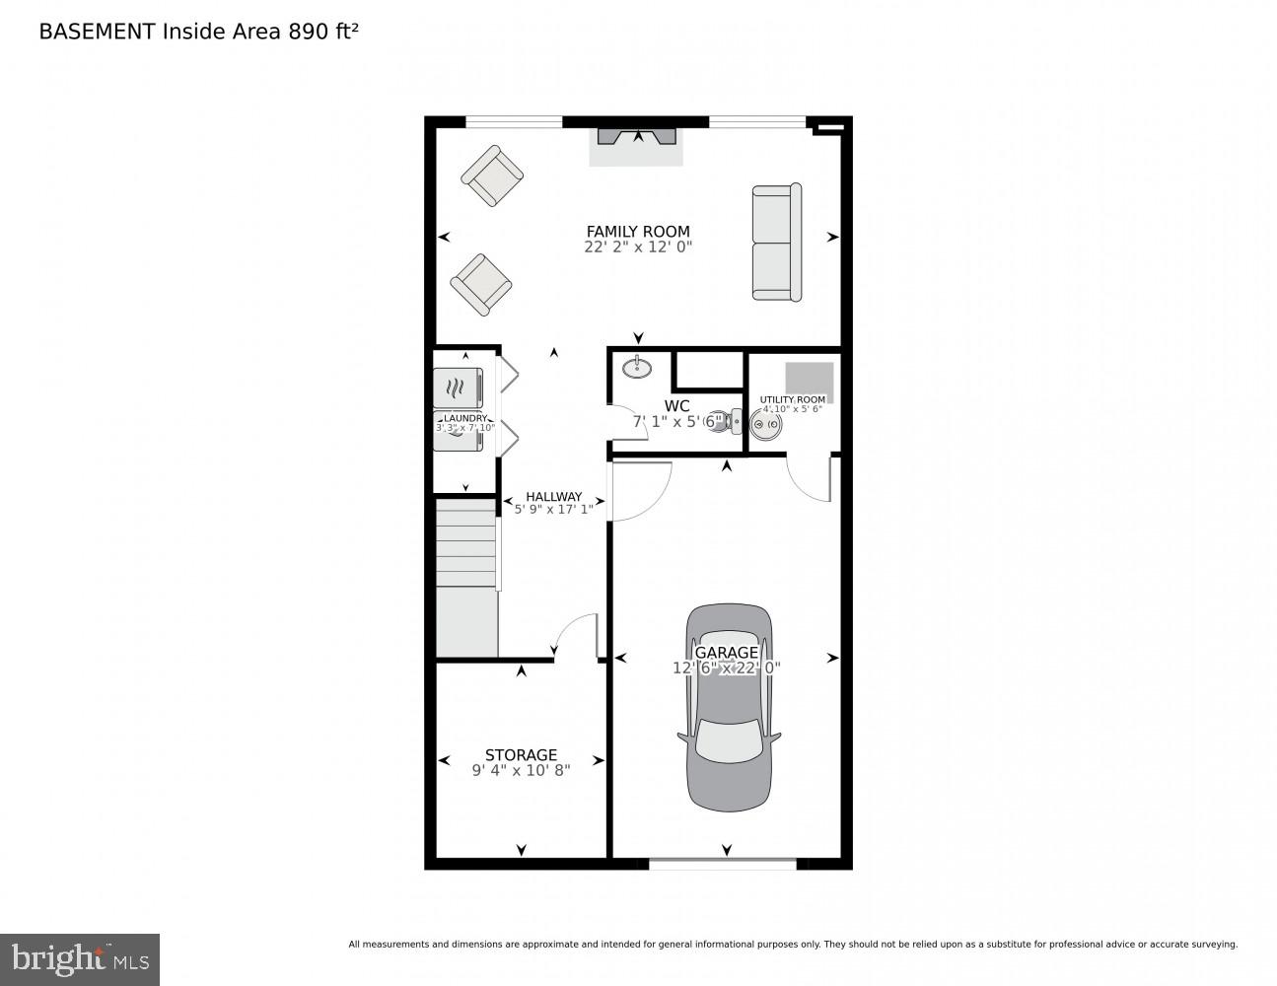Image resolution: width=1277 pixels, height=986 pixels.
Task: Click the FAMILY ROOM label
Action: pyautogui.click(x=638, y=232)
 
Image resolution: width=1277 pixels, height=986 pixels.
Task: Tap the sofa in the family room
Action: pyautogui.click(x=777, y=242)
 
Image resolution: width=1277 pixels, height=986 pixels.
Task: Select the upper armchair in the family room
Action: pyautogui.click(x=492, y=176)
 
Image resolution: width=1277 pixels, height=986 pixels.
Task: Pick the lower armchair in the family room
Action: pyautogui.click(x=481, y=284)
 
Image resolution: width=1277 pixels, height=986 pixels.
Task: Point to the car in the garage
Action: pyautogui.click(x=729, y=705)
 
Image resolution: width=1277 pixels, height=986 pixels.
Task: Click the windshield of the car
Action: pyautogui.click(x=729, y=739)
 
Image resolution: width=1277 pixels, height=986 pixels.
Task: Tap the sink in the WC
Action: pyautogui.click(x=637, y=368)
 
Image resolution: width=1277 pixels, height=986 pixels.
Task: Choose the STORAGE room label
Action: pyautogui.click(x=521, y=755)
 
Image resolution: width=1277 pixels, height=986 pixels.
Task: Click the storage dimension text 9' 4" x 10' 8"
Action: pyautogui.click(x=521, y=770)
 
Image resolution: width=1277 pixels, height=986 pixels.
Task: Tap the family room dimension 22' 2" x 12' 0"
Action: pyautogui.click(x=638, y=247)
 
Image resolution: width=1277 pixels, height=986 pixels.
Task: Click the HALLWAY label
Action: pyautogui.click(x=553, y=496)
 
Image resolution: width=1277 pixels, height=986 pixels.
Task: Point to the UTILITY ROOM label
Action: pyautogui.click(x=793, y=399)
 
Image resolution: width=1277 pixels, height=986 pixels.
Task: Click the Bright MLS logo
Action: pyautogui.click(x=79, y=958)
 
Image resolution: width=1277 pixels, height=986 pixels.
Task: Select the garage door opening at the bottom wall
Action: pyautogui.click(x=723, y=864)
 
